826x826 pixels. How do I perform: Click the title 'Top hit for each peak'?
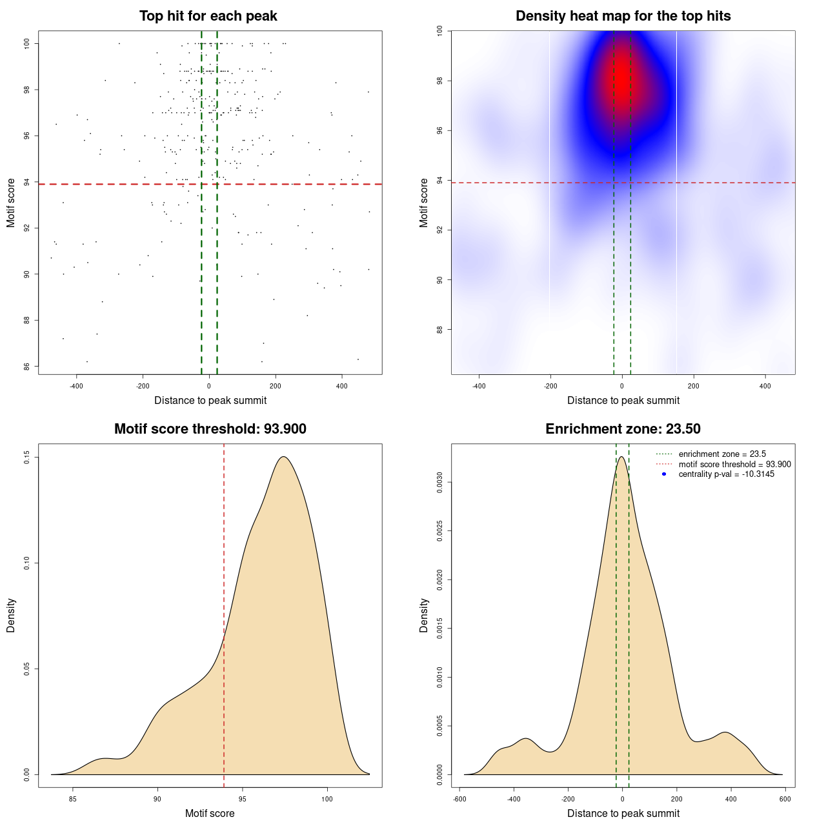(208, 16)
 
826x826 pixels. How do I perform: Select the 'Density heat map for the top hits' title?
(623, 16)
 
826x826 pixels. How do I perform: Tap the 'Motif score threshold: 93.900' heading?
(210, 429)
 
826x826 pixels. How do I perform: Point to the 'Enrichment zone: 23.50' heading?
(623, 429)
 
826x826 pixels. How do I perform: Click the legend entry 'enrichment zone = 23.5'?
(722, 454)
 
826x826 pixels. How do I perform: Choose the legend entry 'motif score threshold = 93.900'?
(734, 464)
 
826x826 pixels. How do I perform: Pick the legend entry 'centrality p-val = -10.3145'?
(726, 474)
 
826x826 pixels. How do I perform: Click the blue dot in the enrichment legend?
(664, 474)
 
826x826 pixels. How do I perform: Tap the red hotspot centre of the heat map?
(621, 81)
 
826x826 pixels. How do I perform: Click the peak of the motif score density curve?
(283, 457)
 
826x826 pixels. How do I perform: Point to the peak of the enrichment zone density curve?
(621, 457)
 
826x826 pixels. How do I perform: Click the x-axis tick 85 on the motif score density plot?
(73, 799)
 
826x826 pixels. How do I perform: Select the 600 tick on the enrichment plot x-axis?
(785, 799)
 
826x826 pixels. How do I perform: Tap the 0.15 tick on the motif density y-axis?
(26, 458)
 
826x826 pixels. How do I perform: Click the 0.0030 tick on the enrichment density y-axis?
(439, 482)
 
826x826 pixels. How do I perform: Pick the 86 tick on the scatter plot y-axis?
(26, 367)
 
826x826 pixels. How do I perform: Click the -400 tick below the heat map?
(479, 386)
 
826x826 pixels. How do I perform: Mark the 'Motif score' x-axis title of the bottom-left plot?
(210, 813)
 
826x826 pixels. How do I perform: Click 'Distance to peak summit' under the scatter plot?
(210, 400)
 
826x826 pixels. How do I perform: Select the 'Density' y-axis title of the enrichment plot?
(424, 615)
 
